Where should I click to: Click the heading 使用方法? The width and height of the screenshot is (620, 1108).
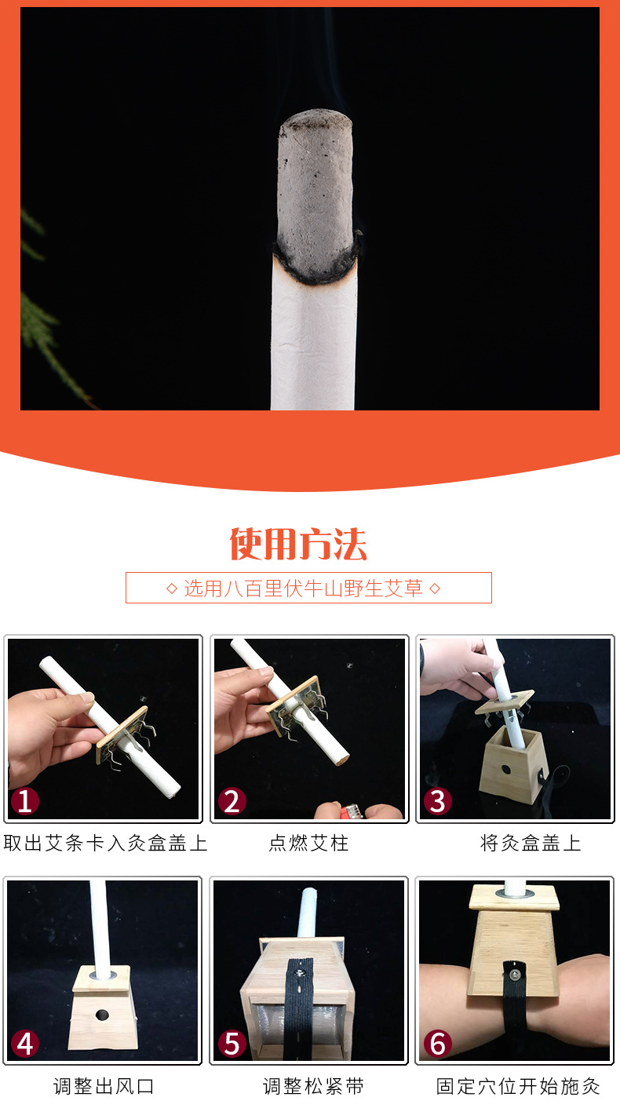click(x=298, y=544)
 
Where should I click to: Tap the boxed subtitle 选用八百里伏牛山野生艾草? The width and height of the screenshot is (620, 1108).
click(x=303, y=588)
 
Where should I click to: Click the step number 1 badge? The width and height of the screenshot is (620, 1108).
click(x=25, y=801)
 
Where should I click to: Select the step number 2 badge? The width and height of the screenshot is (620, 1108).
click(x=232, y=801)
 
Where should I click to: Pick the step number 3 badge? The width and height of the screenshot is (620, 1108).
click(x=437, y=801)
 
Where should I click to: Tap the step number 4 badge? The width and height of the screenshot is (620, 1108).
click(x=25, y=1043)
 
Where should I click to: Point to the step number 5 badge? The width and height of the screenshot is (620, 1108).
click(x=232, y=1043)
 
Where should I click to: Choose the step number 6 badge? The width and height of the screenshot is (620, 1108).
click(x=437, y=1043)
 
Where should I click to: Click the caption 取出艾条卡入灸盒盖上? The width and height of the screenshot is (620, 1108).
click(x=105, y=843)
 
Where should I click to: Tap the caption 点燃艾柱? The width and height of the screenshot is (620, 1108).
click(x=308, y=843)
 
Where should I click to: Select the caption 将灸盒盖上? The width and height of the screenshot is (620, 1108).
click(x=531, y=843)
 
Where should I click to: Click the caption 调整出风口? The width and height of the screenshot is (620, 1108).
click(x=104, y=1086)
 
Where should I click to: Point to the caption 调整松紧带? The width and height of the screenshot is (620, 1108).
click(x=313, y=1086)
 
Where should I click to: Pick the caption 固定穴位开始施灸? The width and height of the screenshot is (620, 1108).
click(x=518, y=1086)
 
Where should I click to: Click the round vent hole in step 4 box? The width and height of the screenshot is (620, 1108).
click(x=102, y=1015)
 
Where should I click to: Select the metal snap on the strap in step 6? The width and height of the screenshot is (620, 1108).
click(x=515, y=975)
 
